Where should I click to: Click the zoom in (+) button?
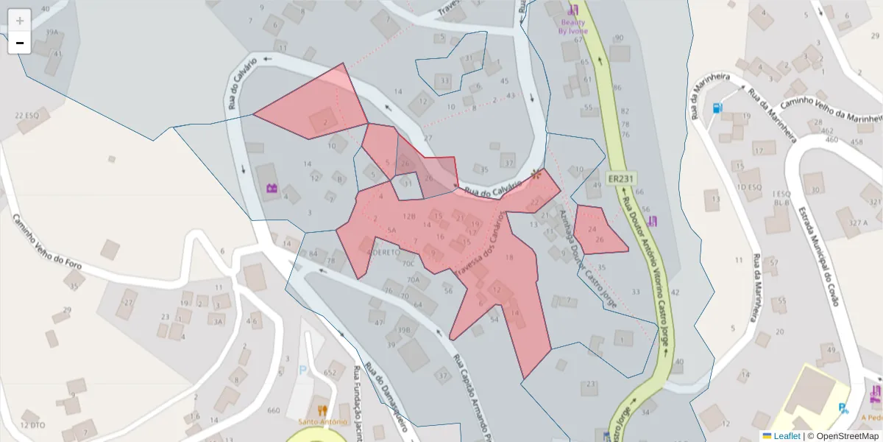click(x=20, y=21)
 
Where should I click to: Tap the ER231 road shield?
click(x=621, y=179)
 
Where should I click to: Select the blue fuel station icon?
click(x=717, y=108)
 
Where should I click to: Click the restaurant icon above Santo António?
click(x=322, y=410)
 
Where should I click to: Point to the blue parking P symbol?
click(x=302, y=371)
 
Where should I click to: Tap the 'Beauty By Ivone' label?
click(x=572, y=27)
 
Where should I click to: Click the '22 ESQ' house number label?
click(x=26, y=116)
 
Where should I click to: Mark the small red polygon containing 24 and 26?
click(x=598, y=230)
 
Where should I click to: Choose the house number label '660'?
click(x=274, y=410)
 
